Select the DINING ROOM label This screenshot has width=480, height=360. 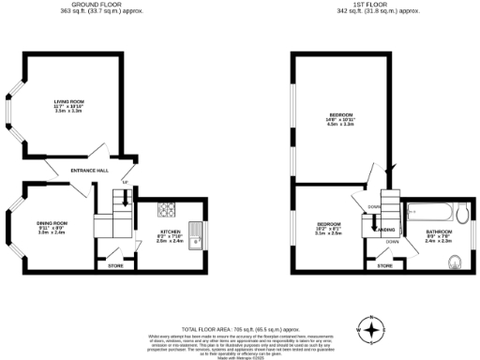51,225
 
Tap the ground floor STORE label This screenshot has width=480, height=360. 117,265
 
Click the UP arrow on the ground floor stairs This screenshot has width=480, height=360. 124,181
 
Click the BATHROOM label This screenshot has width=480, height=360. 439,232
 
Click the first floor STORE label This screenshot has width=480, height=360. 384,266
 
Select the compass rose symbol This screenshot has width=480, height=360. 374,329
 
